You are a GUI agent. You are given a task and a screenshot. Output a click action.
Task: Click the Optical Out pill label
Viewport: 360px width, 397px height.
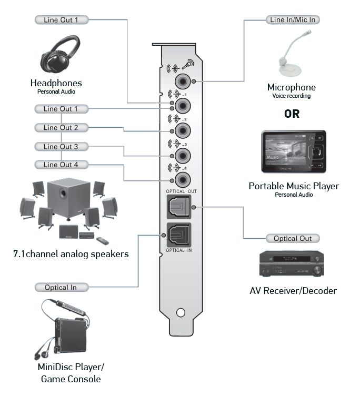293,238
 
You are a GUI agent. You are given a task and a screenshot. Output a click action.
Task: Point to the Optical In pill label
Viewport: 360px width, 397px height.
61,287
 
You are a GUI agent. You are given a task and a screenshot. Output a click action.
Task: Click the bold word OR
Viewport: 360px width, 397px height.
292,114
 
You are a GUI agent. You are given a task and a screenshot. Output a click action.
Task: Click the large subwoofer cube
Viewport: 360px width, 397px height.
67,197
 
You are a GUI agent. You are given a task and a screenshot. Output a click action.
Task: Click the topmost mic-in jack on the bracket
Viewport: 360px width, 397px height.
183,82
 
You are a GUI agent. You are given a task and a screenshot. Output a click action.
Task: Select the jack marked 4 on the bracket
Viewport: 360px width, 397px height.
183,179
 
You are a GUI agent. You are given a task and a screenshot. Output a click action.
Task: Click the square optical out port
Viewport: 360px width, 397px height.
179,209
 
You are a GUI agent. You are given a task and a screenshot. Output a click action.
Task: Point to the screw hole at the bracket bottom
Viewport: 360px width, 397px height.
180,312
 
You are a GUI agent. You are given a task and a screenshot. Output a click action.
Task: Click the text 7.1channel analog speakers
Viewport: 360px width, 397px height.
71,254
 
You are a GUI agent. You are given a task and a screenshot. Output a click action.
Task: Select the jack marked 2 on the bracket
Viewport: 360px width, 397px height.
183,131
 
